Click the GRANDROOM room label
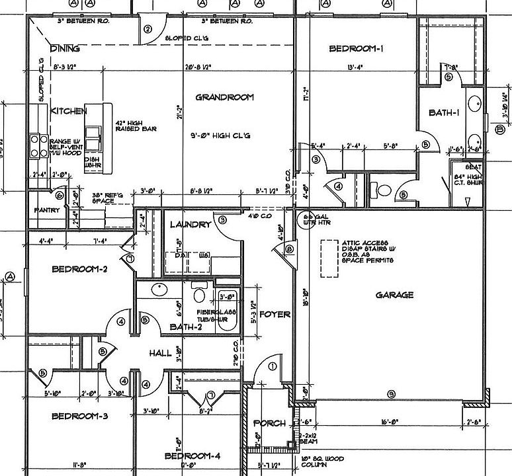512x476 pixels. [x=225, y=97]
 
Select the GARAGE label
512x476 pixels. [x=394, y=295]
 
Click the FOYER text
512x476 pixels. [x=274, y=314]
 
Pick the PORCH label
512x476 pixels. [x=269, y=423]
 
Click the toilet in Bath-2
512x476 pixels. [x=199, y=292]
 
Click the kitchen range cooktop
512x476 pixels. [x=37, y=146]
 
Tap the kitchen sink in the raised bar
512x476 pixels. [x=92, y=139]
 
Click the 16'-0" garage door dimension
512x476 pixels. [x=388, y=421]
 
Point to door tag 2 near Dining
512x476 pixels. [x=148, y=29]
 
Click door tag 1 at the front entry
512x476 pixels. [x=273, y=366]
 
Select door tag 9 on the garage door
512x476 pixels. [x=392, y=395]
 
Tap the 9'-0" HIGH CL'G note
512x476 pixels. [x=225, y=136]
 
